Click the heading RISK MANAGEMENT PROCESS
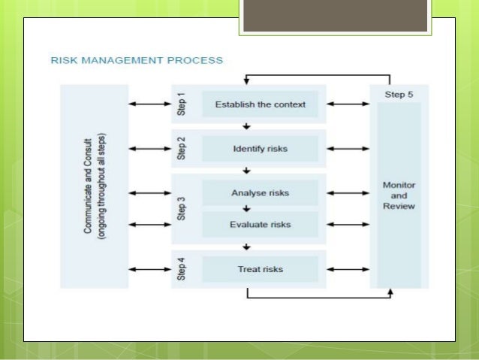tap(137, 59)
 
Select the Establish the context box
tap(260, 104)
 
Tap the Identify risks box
tap(260, 149)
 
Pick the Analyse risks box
tap(260, 192)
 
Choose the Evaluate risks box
tap(260, 224)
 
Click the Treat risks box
tap(260, 268)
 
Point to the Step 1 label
tap(182, 104)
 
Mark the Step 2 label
tap(182, 149)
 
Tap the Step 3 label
tap(182, 208)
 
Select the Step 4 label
tap(182, 268)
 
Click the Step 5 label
tap(398, 95)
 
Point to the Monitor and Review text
tap(398, 195)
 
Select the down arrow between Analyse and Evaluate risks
tap(246, 208)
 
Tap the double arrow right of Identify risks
tap(348, 149)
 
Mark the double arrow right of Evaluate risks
tap(348, 224)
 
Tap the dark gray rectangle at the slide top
tap(336, 16)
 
